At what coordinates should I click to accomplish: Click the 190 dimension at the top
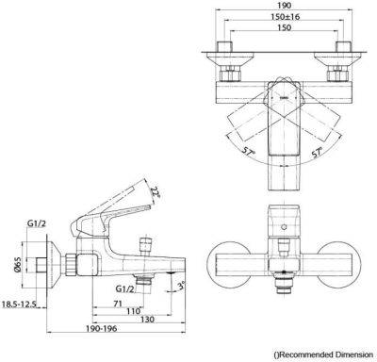click(x=285, y=6)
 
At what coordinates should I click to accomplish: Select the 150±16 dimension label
click(x=286, y=17)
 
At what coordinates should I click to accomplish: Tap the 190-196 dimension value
click(x=102, y=329)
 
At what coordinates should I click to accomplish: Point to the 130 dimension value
click(x=147, y=320)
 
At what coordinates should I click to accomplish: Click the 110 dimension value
click(x=133, y=311)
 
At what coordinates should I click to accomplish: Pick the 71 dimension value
click(x=118, y=304)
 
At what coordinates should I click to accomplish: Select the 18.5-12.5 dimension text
click(x=20, y=304)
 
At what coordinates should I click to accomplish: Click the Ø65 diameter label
click(x=18, y=265)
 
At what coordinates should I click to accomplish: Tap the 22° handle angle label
click(x=156, y=191)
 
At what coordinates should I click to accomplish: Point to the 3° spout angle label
click(x=181, y=287)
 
